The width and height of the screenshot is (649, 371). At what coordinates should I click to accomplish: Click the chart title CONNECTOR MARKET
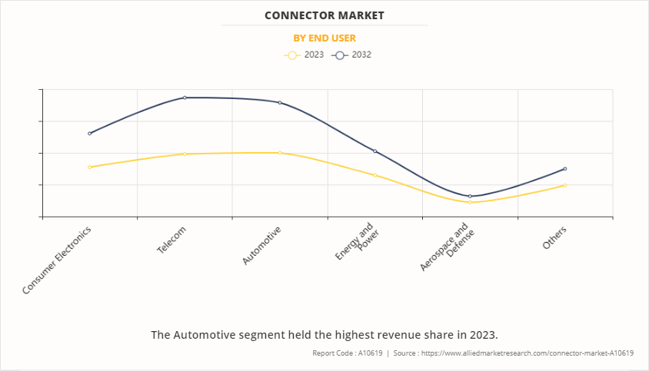pyautogui.click(x=324, y=15)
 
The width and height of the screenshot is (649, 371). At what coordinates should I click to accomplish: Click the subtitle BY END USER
pyautogui.click(x=324, y=38)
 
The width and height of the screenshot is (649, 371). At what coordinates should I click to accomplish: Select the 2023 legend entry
pyautogui.click(x=305, y=55)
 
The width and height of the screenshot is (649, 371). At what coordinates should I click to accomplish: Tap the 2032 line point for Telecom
pyautogui.click(x=185, y=98)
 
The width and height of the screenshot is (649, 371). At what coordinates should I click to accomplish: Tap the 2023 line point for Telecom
pyautogui.click(x=185, y=154)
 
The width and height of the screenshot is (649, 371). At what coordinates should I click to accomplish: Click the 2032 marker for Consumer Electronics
pyautogui.click(x=90, y=133)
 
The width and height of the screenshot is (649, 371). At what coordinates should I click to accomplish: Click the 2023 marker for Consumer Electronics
pyautogui.click(x=90, y=167)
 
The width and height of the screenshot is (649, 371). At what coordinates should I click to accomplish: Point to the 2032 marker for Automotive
pyautogui.click(x=280, y=102)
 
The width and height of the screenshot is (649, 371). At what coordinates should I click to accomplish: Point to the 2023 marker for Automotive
pyautogui.click(x=280, y=153)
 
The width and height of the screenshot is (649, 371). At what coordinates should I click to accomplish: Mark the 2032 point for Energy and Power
pyautogui.click(x=374, y=151)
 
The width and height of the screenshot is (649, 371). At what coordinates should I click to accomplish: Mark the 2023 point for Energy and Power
pyautogui.click(x=374, y=175)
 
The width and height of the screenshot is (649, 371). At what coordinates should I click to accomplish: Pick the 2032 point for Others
pyautogui.click(x=565, y=168)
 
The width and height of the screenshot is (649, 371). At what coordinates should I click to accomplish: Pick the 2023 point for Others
pyautogui.click(x=565, y=185)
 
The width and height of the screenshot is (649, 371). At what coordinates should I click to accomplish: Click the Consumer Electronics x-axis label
pyautogui.click(x=58, y=259)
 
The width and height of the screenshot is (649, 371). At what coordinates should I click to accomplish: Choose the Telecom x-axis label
pyautogui.click(x=171, y=240)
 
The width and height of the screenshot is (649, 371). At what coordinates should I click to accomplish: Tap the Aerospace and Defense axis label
pyautogui.click(x=444, y=247)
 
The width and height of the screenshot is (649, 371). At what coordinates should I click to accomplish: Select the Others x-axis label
pyautogui.click(x=554, y=237)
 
